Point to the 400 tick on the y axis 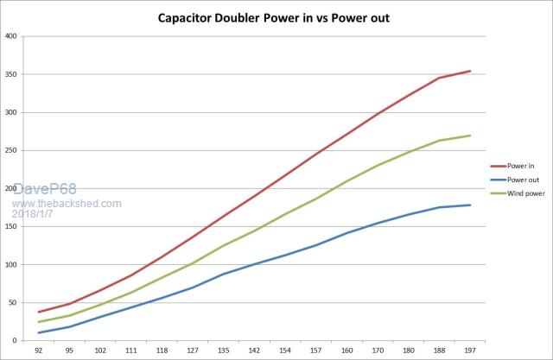click(10, 36)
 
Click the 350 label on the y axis click(10, 75)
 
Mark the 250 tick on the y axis click(10, 151)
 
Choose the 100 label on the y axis click(10, 264)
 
